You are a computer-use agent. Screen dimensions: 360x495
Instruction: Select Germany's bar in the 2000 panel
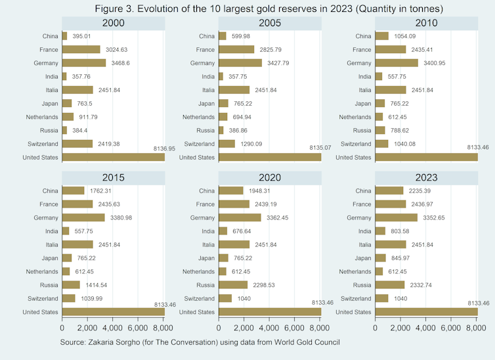tap(84, 63)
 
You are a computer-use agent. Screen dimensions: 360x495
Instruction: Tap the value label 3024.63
tap(117, 49)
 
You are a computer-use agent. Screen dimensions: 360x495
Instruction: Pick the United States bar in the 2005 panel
tap(269, 157)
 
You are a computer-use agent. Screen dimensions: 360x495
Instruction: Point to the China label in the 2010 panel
tap(362, 36)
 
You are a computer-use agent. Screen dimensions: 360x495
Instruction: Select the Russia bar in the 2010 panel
tap(379, 130)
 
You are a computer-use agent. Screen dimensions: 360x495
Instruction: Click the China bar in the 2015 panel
tap(74, 191)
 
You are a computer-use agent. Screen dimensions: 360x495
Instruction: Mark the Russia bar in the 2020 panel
tap(233, 284)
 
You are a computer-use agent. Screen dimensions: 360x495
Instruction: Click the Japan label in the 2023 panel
tap(362, 258)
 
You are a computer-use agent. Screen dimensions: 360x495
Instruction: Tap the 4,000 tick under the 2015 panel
tap(112, 326)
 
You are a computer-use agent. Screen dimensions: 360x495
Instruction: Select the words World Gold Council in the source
tap(308, 342)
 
